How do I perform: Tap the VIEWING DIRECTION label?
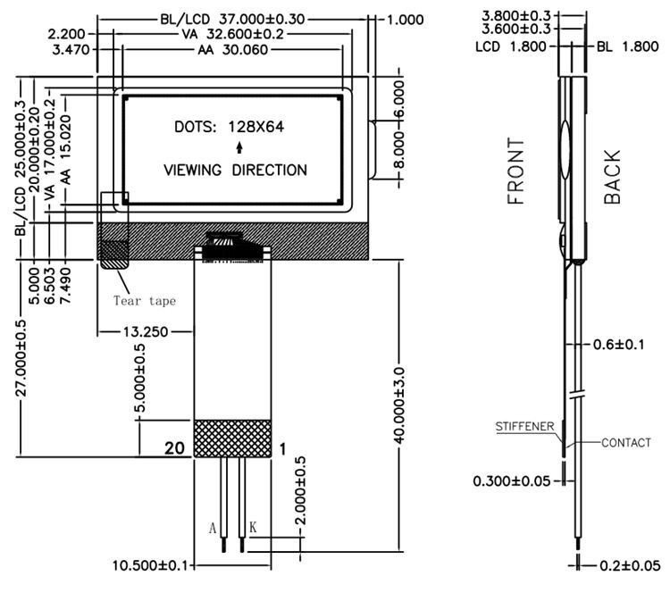click(x=236, y=170)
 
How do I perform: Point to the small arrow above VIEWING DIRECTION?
click(x=238, y=148)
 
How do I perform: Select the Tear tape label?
click(x=144, y=301)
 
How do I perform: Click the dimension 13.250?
click(x=147, y=331)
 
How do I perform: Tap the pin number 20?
click(x=176, y=449)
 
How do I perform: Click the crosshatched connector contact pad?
click(x=232, y=438)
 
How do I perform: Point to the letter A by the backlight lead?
click(x=213, y=529)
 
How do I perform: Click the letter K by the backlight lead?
click(x=253, y=529)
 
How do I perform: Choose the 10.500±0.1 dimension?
click(x=151, y=565)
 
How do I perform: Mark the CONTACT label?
click(x=626, y=443)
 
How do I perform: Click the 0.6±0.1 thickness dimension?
click(x=618, y=344)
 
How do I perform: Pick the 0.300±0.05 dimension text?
click(x=510, y=481)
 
